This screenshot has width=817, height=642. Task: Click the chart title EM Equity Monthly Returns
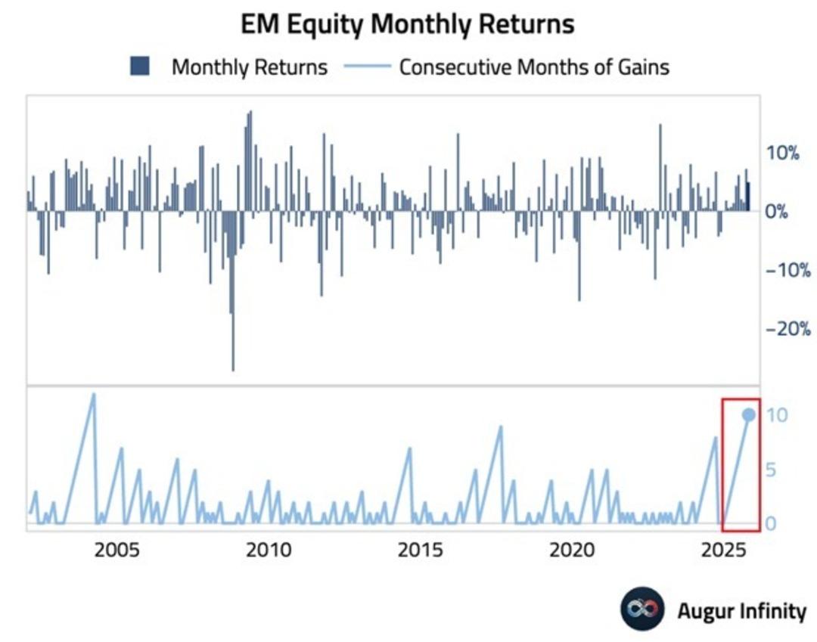click(408, 24)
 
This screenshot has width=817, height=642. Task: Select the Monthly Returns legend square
click(140, 67)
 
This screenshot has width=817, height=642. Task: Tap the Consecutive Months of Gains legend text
click(534, 67)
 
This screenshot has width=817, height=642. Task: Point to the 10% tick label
click(782, 153)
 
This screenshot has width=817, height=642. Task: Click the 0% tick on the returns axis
click(777, 212)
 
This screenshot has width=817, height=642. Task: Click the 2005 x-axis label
click(117, 549)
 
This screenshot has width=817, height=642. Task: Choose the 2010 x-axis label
click(269, 549)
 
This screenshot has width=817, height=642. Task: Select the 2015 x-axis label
click(418, 549)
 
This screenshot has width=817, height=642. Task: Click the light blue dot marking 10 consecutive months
click(749, 414)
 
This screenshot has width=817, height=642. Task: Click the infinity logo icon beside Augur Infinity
click(642, 609)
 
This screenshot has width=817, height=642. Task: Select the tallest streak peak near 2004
click(93, 394)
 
